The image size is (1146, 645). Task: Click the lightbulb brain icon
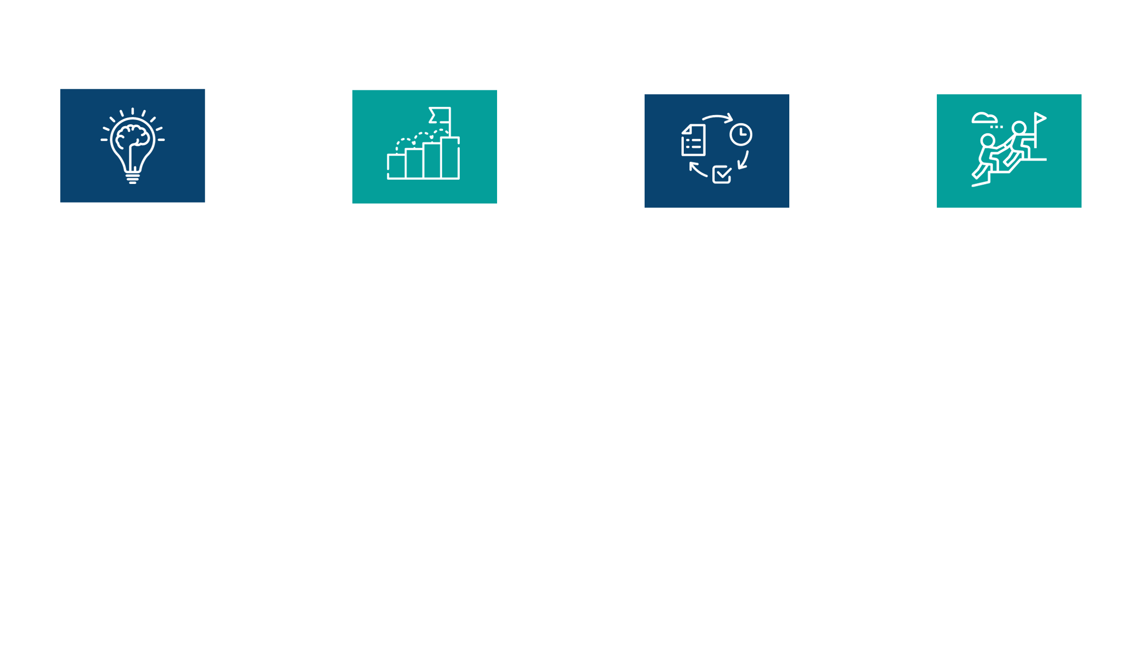(133, 145)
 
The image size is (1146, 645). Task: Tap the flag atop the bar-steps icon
(440, 116)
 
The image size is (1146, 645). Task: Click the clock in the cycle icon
(741, 134)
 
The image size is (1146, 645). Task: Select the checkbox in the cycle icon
(722, 174)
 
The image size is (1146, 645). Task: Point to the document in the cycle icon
(693, 140)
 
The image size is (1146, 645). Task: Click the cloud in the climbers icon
(984, 118)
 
